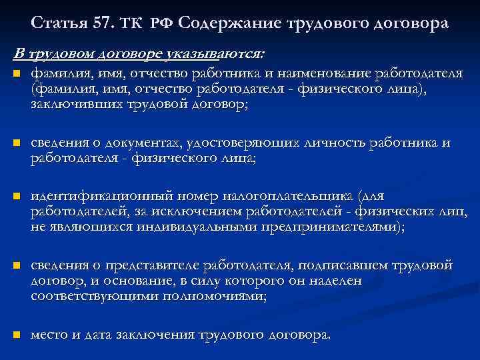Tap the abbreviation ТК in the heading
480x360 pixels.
(x=131, y=24)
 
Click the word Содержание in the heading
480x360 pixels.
(x=231, y=24)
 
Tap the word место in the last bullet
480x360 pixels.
(x=49, y=335)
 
